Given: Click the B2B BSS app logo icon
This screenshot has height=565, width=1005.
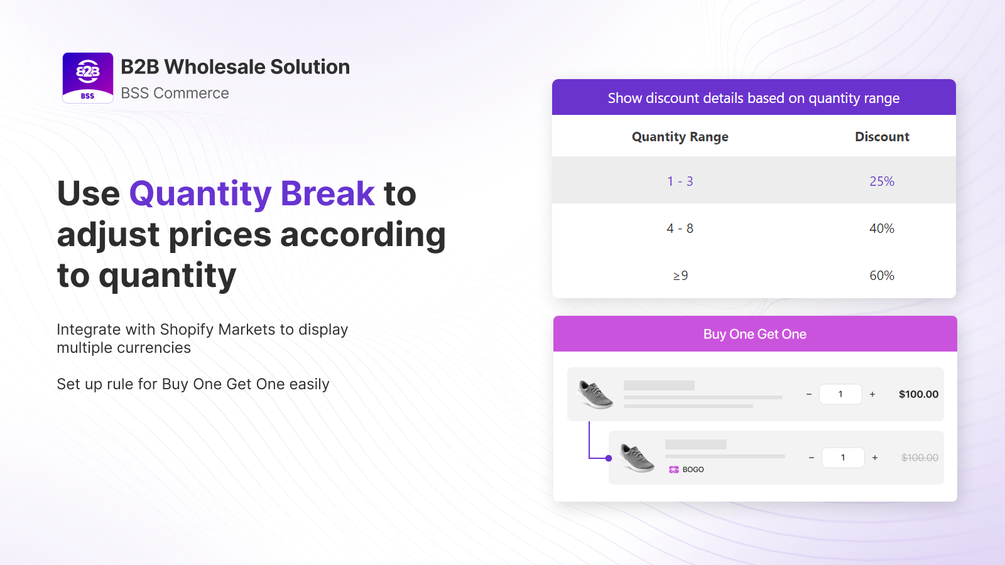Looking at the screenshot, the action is point(87,78).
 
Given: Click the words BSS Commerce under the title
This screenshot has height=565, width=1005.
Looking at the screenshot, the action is point(175,93).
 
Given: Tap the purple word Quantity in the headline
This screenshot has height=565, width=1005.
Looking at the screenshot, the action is point(200,194).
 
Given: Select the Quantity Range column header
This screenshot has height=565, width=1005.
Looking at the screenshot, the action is point(680,137).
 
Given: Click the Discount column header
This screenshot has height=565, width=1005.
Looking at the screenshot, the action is point(882,136).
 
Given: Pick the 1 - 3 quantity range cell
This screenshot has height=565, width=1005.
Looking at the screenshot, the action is point(680,181).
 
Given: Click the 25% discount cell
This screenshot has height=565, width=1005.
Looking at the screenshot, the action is point(882,181).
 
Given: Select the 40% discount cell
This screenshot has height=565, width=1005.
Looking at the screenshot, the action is point(882,229).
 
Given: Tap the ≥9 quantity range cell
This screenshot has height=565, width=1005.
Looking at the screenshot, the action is point(680,276).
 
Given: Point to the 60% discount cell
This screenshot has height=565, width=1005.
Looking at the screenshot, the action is point(882,276).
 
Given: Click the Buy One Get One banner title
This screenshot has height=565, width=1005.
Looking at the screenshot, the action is point(754,334).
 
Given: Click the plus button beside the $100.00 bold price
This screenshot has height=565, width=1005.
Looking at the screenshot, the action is point(872,394).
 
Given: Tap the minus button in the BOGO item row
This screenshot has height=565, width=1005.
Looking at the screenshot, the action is point(811,458).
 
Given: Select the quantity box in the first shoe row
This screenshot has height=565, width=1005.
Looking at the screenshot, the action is point(840,394).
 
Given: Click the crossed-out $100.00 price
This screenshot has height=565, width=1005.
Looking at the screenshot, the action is point(920,458).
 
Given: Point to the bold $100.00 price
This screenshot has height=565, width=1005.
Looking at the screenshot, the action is point(918,394).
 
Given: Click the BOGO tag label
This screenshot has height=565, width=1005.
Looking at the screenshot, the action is point(693,470).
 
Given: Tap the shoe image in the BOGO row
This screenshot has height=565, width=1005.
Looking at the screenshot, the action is point(637,458).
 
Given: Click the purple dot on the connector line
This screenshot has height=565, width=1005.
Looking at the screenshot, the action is point(609,458).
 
